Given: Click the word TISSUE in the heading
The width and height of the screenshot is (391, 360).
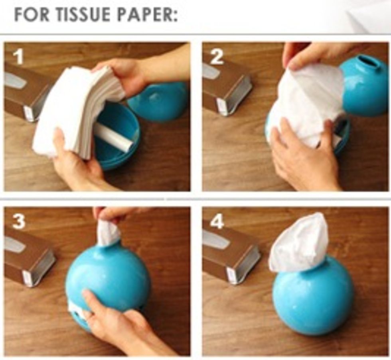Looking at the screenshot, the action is (84, 14).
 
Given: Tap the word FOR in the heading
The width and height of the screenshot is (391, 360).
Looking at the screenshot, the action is (32, 14).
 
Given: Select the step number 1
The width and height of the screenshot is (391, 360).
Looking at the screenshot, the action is (18, 56).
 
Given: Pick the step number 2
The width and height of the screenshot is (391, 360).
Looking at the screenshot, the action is (217, 56).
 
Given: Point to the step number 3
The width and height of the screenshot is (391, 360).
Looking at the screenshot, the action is (19, 221).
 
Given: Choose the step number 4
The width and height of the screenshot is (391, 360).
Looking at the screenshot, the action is (217, 221).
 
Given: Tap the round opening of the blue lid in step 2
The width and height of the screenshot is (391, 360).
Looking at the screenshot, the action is (367, 60).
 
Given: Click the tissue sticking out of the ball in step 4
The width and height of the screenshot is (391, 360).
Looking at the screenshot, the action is (299, 243).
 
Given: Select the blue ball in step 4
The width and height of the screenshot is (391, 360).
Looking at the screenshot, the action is (313, 295).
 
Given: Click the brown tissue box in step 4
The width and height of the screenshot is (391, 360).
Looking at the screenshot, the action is (231, 257).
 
